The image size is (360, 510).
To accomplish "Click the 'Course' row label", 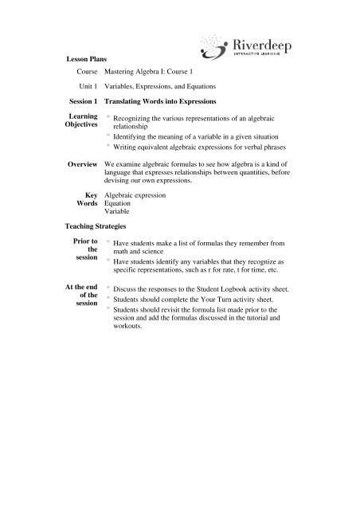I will (84, 72).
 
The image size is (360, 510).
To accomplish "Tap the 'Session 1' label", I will (82, 101).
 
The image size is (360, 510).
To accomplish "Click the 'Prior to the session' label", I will (83, 251).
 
